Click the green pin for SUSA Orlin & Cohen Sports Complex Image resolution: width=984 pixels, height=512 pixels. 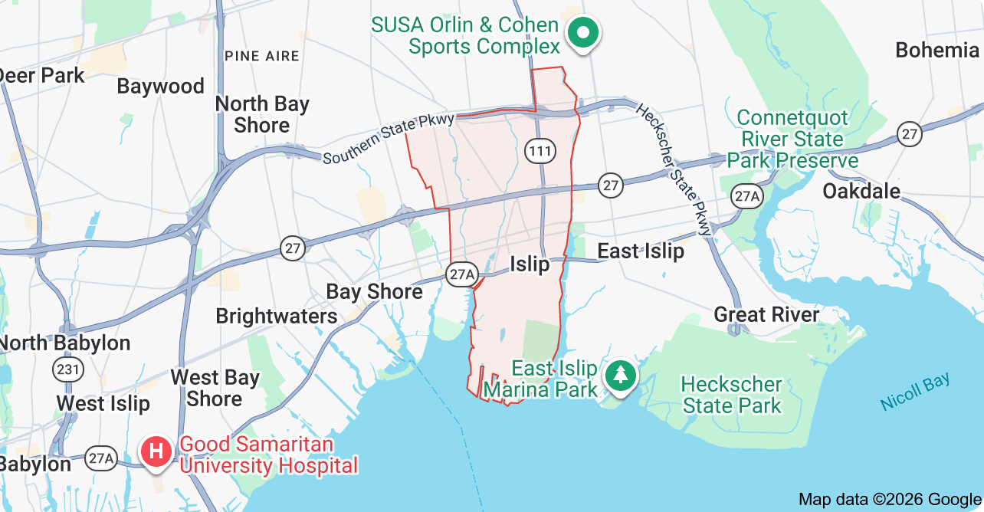pyautogui.click(x=583, y=33)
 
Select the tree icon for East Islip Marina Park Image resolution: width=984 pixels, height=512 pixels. pyautogui.click(x=620, y=376)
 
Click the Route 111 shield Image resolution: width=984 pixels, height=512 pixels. pyautogui.click(x=540, y=151)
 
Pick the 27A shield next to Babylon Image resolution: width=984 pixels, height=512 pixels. pyautogui.click(x=100, y=459)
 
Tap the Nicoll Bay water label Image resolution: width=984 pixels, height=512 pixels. pyautogui.click(x=915, y=391)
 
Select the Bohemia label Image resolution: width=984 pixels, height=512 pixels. pyautogui.click(x=936, y=51)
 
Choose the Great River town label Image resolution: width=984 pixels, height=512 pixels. pyautogui.click(x=766, y=314)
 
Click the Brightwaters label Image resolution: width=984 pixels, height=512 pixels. pyautogui.click(x=276, y=316)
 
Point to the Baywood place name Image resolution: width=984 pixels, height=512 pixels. pyautogui.click(x=160, y=86)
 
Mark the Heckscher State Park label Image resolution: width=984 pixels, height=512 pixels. pyautogui.click(x=732, y=395)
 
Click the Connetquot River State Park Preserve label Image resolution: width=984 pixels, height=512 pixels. pyautogui.click(x=792, y=139)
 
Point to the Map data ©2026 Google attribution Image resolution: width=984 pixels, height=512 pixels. pyautogui.click(x=889, y=500)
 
